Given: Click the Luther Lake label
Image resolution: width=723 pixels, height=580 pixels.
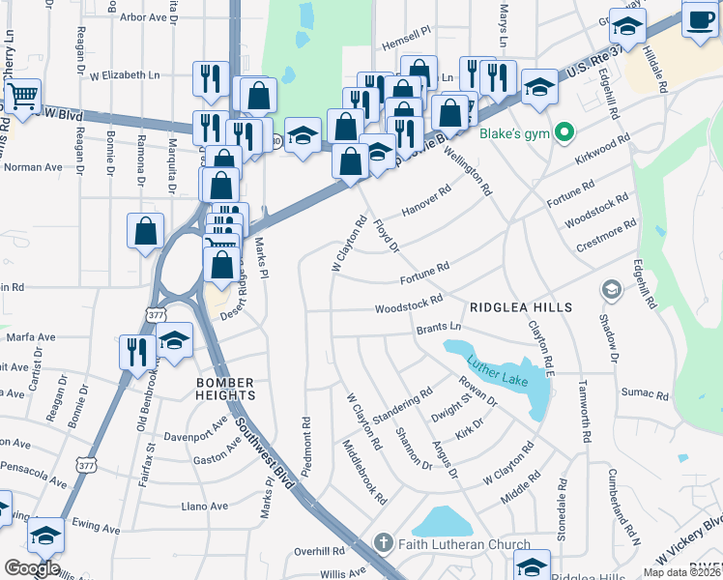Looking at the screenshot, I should point(497,373).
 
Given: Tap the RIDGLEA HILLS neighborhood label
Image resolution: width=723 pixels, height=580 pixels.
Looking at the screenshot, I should point(520,307).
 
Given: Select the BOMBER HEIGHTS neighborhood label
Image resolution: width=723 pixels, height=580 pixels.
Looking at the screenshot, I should point(225,389).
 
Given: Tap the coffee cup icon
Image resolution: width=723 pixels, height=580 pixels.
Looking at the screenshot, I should point(699,18).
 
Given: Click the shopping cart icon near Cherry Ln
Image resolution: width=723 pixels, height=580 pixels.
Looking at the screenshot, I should point(22,97).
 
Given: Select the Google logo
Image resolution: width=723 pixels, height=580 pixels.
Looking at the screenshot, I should point(32,567).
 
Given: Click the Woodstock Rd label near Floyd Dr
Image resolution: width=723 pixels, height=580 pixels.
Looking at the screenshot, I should point(409,304).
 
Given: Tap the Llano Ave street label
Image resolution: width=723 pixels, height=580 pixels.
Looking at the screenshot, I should point(205,506).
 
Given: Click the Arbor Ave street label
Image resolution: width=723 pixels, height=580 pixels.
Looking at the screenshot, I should point(144,16).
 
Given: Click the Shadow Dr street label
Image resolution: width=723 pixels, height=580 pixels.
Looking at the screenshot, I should point(609,333).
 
